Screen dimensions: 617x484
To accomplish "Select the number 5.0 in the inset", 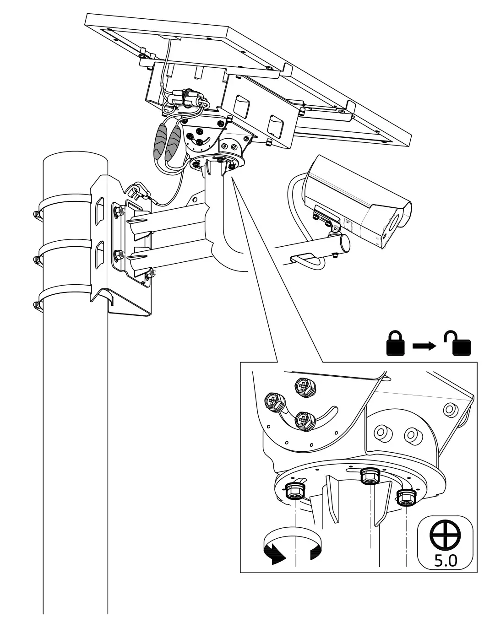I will (445, 561).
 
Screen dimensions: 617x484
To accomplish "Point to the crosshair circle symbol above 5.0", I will (445, 535).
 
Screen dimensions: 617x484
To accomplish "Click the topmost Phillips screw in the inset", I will (304, 387).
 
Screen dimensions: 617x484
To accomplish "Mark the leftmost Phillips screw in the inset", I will (273, 403).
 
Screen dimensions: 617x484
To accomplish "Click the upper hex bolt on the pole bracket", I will (118, 211).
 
